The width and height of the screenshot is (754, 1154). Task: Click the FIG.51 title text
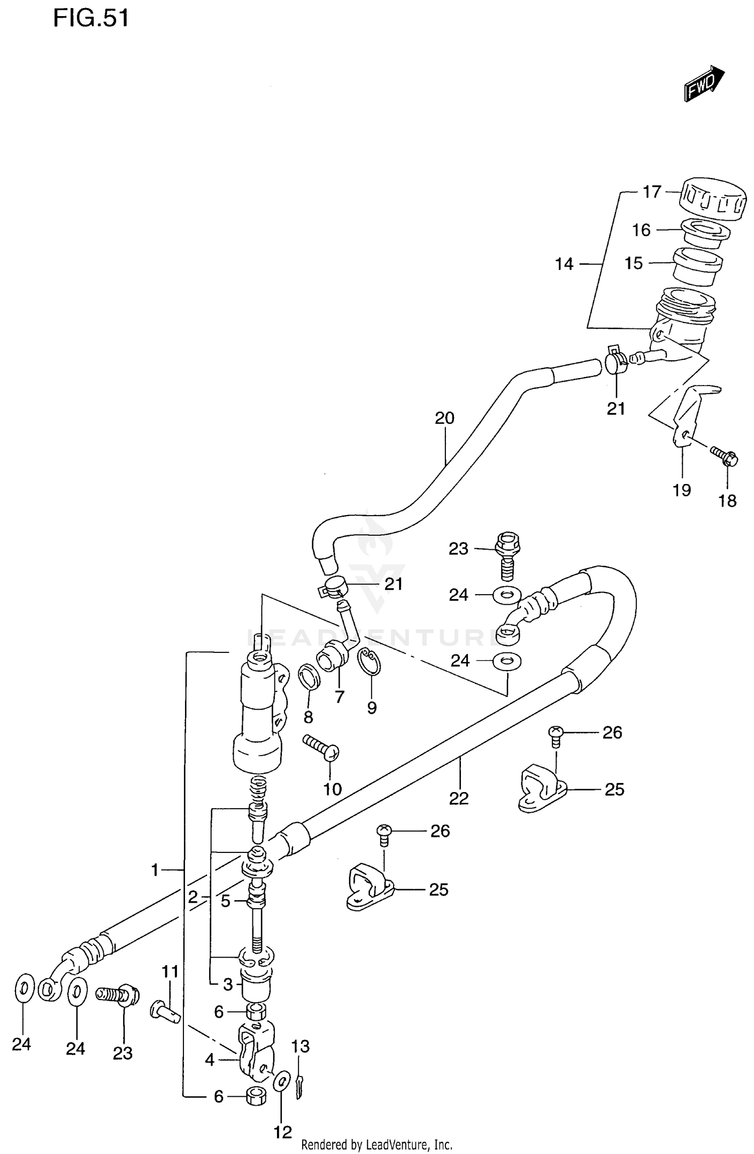(91, 19)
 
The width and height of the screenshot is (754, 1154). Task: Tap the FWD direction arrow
(703, 84)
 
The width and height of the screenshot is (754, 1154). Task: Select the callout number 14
(564, 264)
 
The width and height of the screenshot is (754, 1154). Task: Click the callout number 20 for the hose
(444, 418)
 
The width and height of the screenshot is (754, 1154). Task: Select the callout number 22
(458, 798)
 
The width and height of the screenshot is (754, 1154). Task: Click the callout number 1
(155, 870)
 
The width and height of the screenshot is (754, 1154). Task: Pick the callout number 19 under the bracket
(682, 490)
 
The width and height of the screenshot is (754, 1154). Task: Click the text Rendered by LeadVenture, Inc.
(376, 1145)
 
